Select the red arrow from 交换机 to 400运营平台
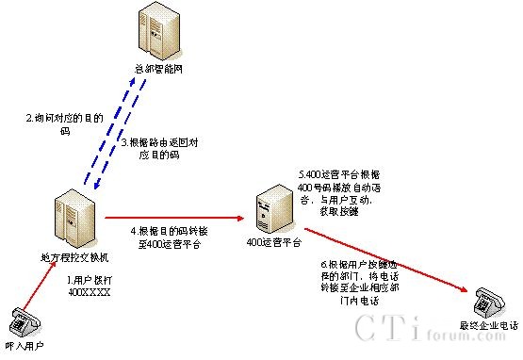[174, 217]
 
